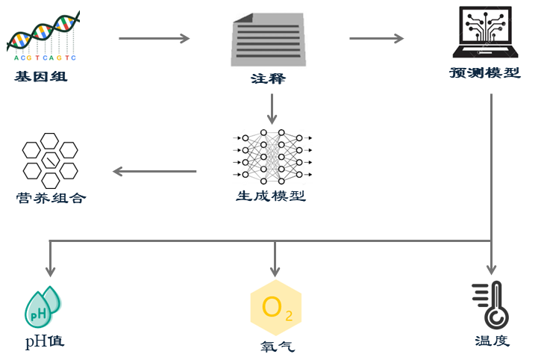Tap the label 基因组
click(x=40, y=76)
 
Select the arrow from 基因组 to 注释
click(x=154, y=38)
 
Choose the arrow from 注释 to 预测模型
click(x=376, y=38)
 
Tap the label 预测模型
click(x=484, y=73)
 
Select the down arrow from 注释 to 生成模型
click(x=272, y=109)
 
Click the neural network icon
click(x=272, y=155)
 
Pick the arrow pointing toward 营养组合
click(x=154, y=172)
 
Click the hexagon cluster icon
click(x=50, y=159)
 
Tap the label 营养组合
click(x=51, y=198)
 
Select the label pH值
click(x=44, y=341)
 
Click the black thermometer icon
click(x=491, y=305)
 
